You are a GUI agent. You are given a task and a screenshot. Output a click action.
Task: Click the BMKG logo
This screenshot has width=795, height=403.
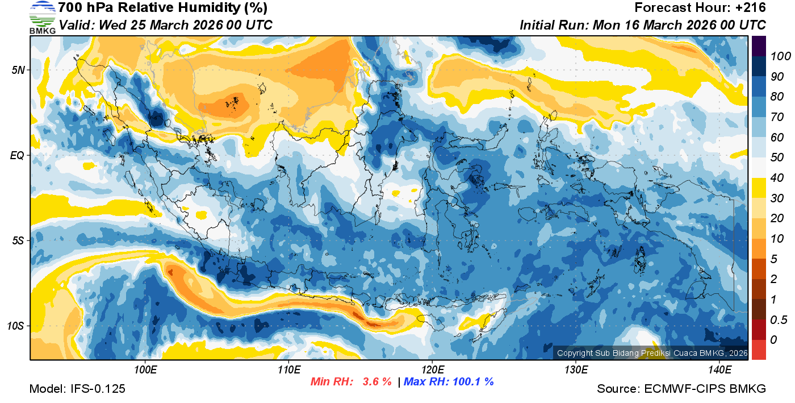pyautogui.click(x=42, y=17)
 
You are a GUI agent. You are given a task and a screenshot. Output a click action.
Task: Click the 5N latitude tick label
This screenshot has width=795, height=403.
pyautogui.click(x=17, y=70)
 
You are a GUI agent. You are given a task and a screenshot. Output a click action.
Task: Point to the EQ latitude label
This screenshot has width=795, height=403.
pyautogui.click(x=17, y=155)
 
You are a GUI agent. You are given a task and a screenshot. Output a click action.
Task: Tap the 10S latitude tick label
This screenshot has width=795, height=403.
pyautogui.click(x=16, y=326)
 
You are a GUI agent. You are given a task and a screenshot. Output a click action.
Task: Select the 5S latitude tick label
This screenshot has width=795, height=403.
pyautogui.click(x=17, y=240)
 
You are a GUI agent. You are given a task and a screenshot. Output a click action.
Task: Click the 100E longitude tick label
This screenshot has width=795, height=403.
pyautogui.click(x=145, y=370)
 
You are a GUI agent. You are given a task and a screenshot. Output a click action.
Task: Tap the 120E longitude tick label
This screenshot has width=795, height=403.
pyautogui.click(x=432, y=370)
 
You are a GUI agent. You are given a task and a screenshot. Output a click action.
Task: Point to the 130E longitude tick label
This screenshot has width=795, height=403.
pyautogui.click(x=576, y=370)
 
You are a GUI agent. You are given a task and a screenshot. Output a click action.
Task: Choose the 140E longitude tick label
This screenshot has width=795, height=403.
pyautogui.click(x=719, y=370)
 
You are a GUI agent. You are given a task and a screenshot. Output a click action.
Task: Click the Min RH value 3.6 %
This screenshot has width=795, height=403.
pyautogui.click(x=377, y=381)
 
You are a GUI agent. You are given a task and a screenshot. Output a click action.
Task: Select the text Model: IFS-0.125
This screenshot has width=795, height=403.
pyautogui.click(x=77, y=389)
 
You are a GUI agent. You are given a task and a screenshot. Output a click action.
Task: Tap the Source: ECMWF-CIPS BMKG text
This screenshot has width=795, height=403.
pyautogui.click(x=681, y=389)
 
